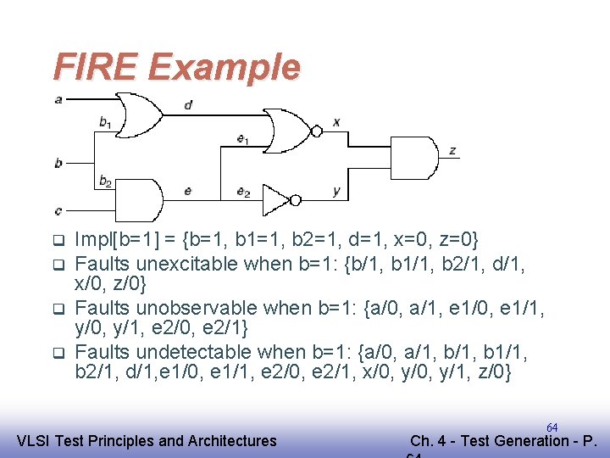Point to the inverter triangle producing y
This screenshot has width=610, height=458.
tap(277, 200)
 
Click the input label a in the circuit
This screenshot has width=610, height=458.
tap(58, 99)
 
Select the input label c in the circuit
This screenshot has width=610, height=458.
tap(58, 209)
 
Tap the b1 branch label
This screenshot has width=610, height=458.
tap(104, 122)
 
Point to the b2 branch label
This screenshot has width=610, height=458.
tap(105, 180)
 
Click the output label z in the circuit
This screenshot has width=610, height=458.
tap(453, 151)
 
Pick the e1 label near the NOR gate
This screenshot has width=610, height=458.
tap(242, 140)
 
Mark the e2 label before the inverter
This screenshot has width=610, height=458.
tap(243, 192)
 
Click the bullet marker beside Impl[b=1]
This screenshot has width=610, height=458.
tap(58, 240)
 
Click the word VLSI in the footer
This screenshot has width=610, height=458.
tap(36, 440)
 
